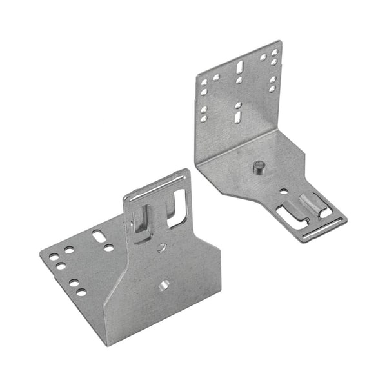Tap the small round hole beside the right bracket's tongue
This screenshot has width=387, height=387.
point(283,191)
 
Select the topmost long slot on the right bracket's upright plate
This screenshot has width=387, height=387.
point(239,66)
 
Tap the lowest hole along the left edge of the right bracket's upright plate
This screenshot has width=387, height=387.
point(203,118)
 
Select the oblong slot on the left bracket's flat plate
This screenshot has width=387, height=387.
point(99,235)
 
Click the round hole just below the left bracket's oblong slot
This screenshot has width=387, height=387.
point(108,248)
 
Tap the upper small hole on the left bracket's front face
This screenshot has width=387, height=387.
point(161,247)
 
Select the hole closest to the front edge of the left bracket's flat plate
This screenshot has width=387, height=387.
point(81,292)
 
